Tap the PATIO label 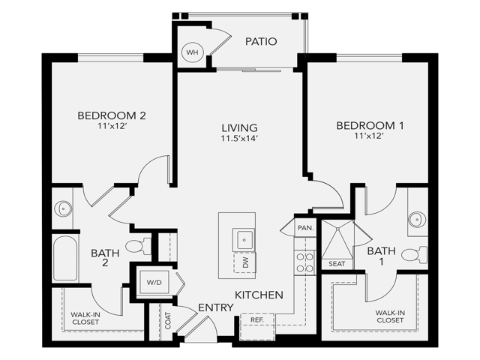261,41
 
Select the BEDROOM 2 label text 111,115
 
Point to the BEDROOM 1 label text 370,126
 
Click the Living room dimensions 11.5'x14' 239,139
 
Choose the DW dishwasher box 244,262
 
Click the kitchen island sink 244,240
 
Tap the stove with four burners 304,262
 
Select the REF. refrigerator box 257,319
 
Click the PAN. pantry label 304,227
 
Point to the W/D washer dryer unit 154,283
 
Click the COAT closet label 167,320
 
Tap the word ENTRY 215,308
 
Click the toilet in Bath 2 138,246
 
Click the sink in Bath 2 63,209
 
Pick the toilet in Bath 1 412,254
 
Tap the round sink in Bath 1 417,220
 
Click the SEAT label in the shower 336,263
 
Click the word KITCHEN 259,295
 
